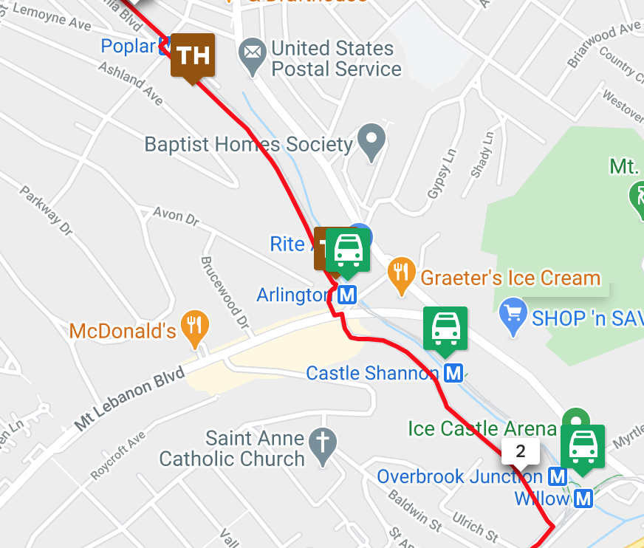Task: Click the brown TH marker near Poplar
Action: tap(193, 56)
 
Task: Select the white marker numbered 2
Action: tap(520, 451)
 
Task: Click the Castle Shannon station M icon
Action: tap(453, 373)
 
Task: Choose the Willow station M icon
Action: tap(583, 499)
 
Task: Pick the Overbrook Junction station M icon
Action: tap(558, 476)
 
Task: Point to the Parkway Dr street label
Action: tap(47, 210)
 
